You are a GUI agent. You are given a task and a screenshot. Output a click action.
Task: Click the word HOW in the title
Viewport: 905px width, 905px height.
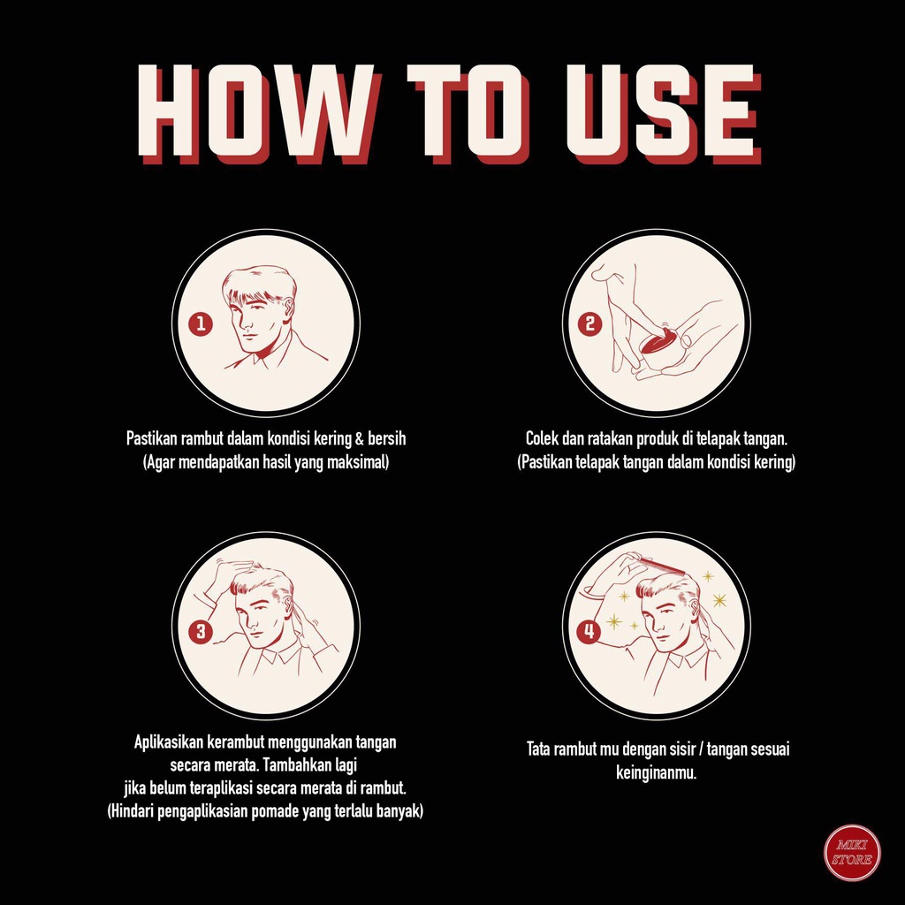coord(260,113)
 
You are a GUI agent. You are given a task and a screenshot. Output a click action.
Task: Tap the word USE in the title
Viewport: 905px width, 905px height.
coord(663,113)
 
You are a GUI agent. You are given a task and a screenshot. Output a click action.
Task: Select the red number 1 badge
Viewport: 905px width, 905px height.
coord(201,323)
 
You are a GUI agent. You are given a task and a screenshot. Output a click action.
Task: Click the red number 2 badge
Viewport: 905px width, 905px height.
coord(589,323)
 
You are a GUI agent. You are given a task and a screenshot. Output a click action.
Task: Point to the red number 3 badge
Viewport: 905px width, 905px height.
coord(201,630)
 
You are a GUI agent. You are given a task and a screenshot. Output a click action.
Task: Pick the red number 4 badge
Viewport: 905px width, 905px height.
coord(589,630)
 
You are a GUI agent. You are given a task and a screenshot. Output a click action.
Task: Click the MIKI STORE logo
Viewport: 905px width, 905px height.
coord(852,853)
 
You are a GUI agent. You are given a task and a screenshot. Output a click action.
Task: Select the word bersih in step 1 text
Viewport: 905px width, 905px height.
coord(387,438)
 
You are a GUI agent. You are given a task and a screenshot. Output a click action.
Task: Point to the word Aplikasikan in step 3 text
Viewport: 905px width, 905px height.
coord(168,741)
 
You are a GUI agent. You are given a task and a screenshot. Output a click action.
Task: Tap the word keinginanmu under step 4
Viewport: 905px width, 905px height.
coord(657,772)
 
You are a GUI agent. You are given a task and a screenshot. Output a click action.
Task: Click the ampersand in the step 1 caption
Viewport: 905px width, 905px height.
coord(359,439)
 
